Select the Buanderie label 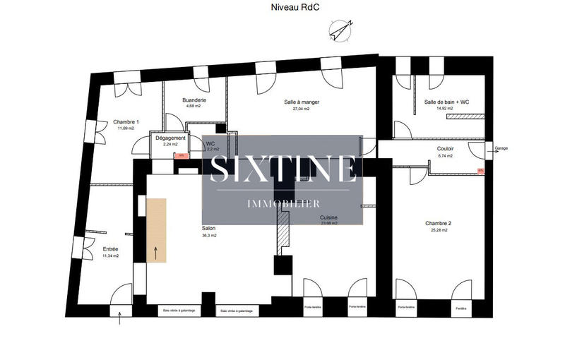(x=194, y=100)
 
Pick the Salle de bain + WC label (x=446, y=102)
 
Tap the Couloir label (x=445, y=149)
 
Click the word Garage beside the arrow (x=501, y=149)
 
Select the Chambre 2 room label (x=438, y=224)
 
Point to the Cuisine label (x=328, y=217)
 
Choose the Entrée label (x=111, y=250)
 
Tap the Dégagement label (x=170, y=138)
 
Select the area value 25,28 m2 (x=438, y=230)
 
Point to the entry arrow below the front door (x=120, y=320)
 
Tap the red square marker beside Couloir (x=480, y=170)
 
